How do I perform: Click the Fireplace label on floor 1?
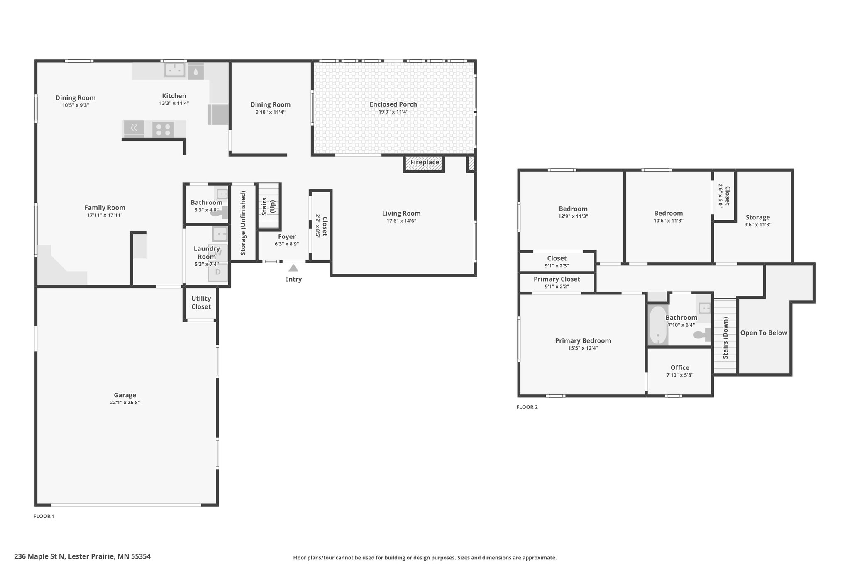425,162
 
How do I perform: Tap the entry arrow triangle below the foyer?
293,268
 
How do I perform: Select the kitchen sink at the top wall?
175,70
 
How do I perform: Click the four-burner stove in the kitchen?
163,129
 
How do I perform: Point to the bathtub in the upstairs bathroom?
658,325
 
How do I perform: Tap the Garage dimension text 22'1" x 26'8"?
125,402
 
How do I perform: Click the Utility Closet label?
201,303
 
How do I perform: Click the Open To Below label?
764,333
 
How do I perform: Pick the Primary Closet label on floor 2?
557,279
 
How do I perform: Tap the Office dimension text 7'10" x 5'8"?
680,375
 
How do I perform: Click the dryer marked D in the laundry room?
218,272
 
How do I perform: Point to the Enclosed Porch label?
393,104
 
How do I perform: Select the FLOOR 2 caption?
527,407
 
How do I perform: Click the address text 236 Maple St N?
40,556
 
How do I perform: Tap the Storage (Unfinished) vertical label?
243,223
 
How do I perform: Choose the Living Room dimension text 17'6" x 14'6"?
401,221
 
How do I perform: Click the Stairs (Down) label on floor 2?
725,338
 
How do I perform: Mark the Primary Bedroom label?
583,341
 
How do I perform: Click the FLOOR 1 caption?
44,517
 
